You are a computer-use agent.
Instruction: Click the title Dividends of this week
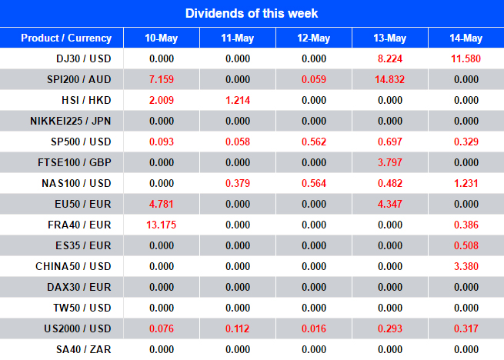click(252, 13)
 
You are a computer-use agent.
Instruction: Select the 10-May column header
click(161, 38)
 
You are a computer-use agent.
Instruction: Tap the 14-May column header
click(466, 38)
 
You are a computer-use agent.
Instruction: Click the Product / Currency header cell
click(66, 38)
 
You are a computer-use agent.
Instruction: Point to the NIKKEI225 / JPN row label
click(71, 121)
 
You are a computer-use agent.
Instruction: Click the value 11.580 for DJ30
click(466, 58)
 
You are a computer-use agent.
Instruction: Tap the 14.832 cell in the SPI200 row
click(390, 79)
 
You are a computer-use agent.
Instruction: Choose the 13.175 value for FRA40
click(161, 225)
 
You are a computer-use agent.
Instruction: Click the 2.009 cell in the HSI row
click(161, 100)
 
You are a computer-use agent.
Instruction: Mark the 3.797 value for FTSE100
click(390, 162)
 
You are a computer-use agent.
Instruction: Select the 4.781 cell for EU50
click(161, 204)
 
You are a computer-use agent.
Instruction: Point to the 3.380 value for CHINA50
click(466, 266)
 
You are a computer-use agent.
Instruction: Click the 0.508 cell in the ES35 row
click(466, 245)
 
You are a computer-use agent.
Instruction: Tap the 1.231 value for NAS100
click(466, 183)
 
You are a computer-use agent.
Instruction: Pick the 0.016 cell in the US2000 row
click(313, 328)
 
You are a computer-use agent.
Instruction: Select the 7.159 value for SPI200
click(161, 79)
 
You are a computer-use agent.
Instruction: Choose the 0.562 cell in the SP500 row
click(313, 142)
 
